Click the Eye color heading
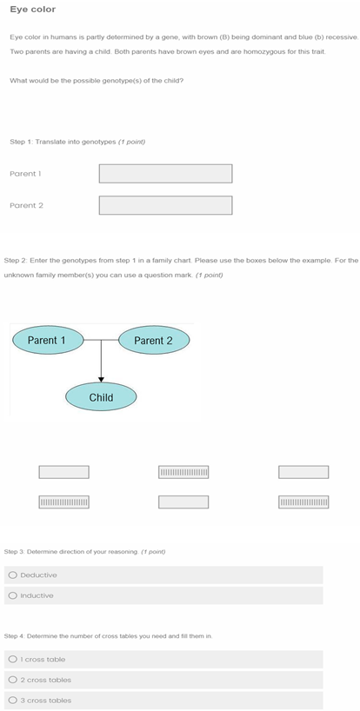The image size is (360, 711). point(33,10)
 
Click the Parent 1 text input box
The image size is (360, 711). point(165,174)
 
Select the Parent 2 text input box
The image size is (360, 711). point(165,205)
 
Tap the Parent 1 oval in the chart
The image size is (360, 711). point(48,340)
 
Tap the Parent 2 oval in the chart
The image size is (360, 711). point(154,341)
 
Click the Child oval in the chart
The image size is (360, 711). point(101,397)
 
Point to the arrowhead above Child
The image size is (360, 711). point(101,379)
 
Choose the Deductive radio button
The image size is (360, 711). point(13,575)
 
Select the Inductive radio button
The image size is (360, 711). point(13,595)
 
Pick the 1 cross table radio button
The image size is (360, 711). point(13,660)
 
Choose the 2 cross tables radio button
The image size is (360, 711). point(13,680)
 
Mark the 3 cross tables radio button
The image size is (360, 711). point(13,700)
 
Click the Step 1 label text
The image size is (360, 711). point(77,142)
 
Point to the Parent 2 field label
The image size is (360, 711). point(26,205)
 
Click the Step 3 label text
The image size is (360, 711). point(85,552)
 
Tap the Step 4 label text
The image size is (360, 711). point(109,636)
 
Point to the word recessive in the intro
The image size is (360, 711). point(343,37)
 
